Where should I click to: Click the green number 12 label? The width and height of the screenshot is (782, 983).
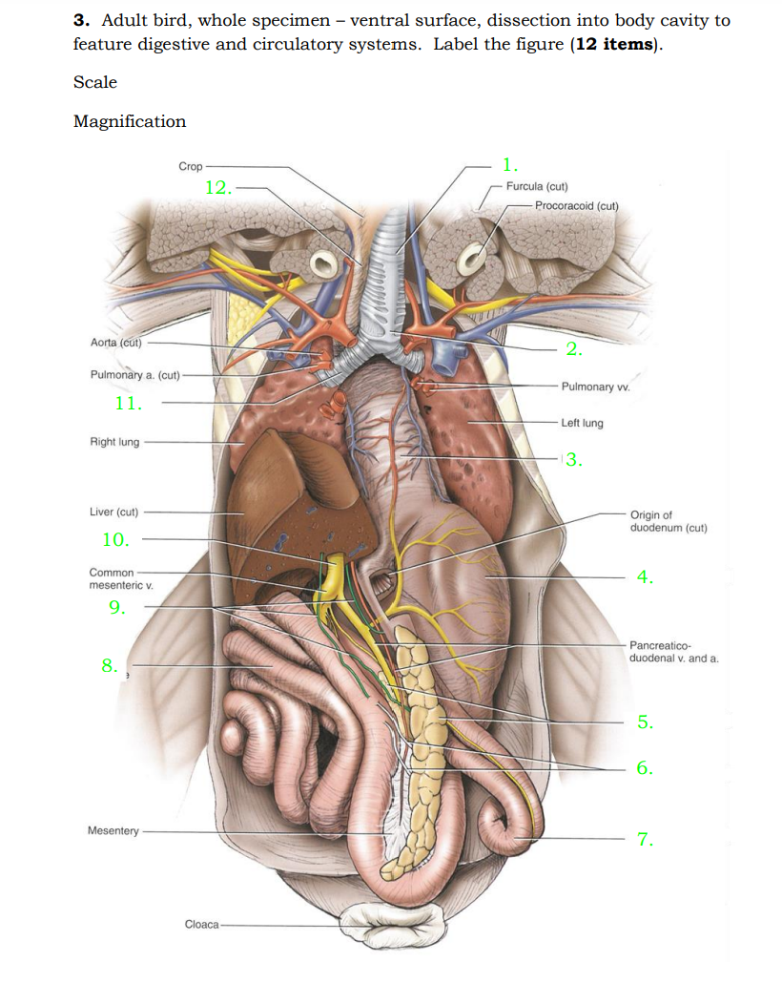pyautogui.click(x=218, y=187)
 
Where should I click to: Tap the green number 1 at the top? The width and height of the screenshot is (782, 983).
pyautogui.click(x=510, y=165)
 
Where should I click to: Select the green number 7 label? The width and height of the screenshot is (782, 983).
pyautogui.click(x=645, y=839)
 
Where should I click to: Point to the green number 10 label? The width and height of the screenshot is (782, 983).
pyautogui.click(x=116, y=539)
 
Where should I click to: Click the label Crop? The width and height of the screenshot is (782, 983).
pyautogui.click(x=191, y=166)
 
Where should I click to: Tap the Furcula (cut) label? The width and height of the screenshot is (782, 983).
pyautogui.click(x=537, y=186)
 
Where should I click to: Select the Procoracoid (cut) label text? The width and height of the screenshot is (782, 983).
pyautogui.click(x=576, y=205)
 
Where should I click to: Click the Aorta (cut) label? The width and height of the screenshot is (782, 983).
pyautogui.click(x=116, y=343)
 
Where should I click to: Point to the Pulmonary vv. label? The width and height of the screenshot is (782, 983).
pyautogui.click(x=595, y=387)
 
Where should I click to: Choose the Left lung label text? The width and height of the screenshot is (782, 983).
pyautogui.click(x=582, y=423)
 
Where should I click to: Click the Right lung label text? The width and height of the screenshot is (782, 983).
pyautogui.click(x=114, y=442)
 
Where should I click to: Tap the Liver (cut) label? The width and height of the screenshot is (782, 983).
pyautogui.click(x=114, y=512)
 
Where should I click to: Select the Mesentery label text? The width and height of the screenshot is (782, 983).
pyautogui.click(x=113, y=830)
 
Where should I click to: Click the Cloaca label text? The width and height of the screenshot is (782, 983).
pyautogui.click(x=202, y=924)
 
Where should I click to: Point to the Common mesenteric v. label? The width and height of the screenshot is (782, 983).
pyautogui.click(x=121, y=578)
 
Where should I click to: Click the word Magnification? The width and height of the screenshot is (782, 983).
pyautogui.click(x=130, y=121)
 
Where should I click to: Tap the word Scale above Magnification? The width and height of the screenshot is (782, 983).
pyautogui.click(x=95, y=82)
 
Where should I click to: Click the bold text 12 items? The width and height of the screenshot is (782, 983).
pyautogui.click(x=612, y=44)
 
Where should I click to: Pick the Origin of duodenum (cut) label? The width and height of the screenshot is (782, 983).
pyautogui.click(x=669, y=521)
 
